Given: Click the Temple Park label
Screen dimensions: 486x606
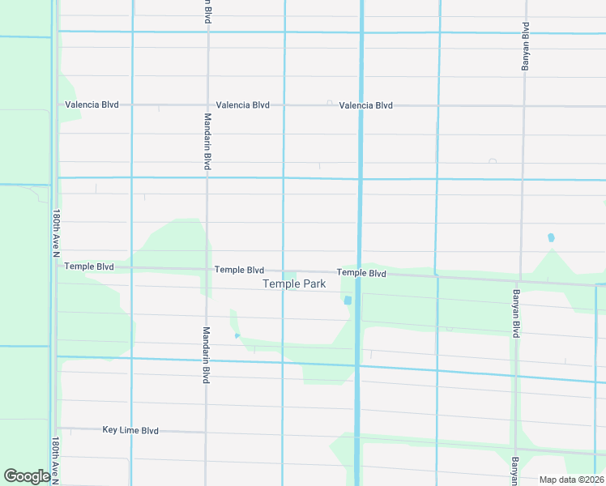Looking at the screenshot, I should click(x=294, y=284).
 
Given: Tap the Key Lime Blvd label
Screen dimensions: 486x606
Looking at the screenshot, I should click(x=130, y=431).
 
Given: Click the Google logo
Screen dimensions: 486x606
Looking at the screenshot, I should click(x=26, y=476).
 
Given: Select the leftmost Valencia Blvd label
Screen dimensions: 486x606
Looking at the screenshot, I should click(x=92, y=105).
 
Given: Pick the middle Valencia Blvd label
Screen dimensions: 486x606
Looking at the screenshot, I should click(x=242, y=105).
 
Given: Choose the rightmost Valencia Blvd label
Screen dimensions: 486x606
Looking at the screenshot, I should click(x=365, y=105).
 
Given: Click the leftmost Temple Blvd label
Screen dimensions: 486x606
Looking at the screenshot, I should click(x=89, y=266).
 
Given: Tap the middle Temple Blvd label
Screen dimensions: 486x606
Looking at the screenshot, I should click(x=239, y=270).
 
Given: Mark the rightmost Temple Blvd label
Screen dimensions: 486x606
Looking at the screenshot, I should click(x=361, y=274).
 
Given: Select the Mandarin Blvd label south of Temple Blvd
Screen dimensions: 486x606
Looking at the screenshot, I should click(x=207, y=355).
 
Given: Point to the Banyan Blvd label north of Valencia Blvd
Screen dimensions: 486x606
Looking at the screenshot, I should click(x=525, y=47).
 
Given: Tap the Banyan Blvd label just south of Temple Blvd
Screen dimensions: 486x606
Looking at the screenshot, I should click(x=514, y=313).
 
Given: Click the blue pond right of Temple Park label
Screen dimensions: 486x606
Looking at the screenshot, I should click(x=348, y=301).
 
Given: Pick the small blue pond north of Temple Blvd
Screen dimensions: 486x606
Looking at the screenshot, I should click(x=551, y=238).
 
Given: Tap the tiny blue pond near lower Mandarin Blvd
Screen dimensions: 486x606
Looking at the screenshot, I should click(x=237, y=335).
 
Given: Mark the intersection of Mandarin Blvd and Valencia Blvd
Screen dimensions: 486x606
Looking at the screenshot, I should click(x=207, y=105).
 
